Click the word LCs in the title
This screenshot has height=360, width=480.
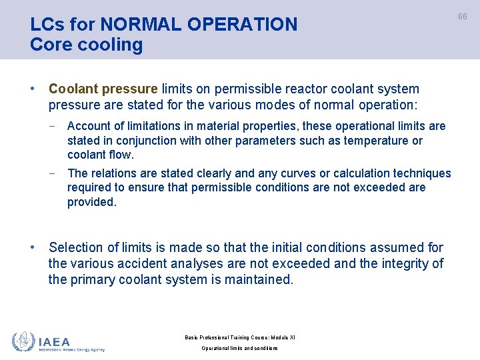[46, 25]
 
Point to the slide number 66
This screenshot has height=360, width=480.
[462, 16]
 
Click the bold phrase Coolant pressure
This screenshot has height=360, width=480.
[103, 89]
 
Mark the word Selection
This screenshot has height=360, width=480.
[76, 247]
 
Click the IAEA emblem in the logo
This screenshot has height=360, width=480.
[23, 341]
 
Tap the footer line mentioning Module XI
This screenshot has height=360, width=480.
[240, 337]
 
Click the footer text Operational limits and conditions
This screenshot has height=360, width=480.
[240, 348]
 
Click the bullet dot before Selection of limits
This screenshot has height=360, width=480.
[33, 247]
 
